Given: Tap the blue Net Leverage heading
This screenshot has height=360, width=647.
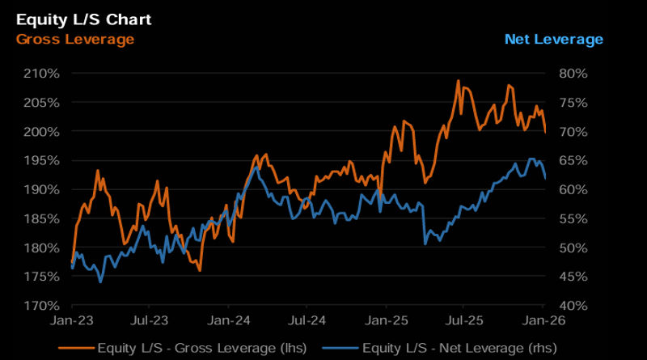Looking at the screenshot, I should point(553,39).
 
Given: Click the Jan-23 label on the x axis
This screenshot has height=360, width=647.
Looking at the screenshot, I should point(72,321).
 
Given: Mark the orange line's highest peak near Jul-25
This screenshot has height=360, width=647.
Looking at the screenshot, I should point(459,81).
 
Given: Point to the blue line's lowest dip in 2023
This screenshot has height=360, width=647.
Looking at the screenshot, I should point(100,282).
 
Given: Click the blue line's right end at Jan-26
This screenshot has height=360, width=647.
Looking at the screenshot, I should point(545,178).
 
